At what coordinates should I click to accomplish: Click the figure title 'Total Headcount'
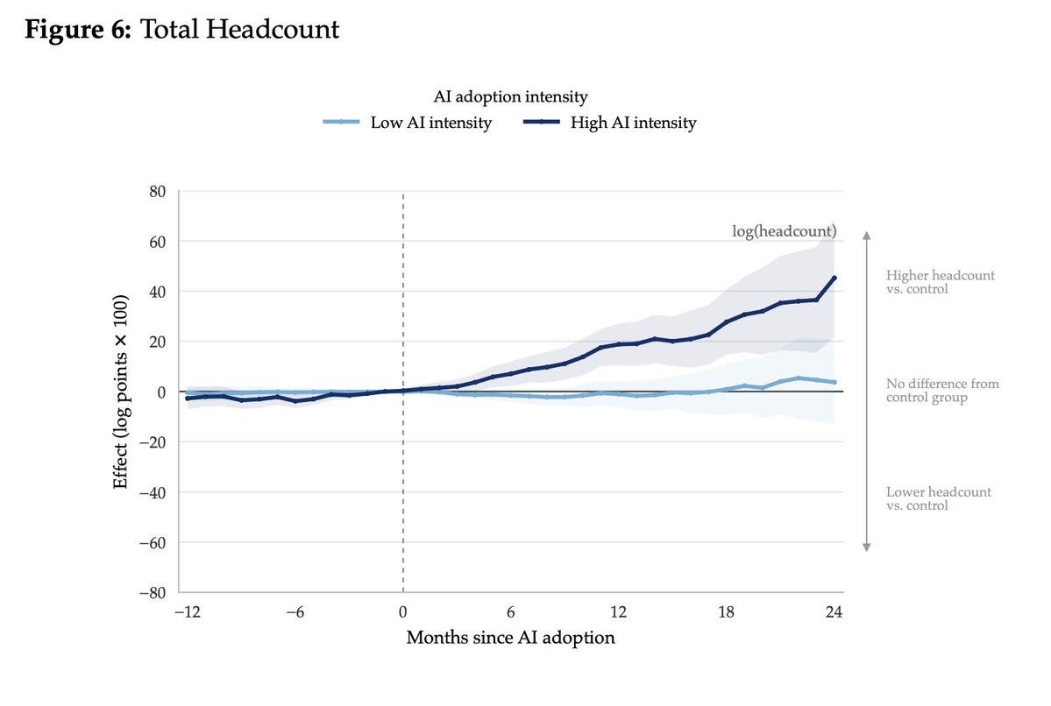coord(239,30)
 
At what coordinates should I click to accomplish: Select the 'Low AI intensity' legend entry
coord(408,123)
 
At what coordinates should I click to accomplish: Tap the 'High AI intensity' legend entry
coord(609,123)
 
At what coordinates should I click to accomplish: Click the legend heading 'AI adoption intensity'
coord(510,96)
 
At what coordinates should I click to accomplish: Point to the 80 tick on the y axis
coord(157,192)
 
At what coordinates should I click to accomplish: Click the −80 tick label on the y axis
coord(153,593)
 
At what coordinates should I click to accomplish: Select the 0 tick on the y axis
coord(160,392)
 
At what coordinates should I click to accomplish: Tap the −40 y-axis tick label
coord(153,492)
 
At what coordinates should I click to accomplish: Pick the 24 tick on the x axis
coord(834,611)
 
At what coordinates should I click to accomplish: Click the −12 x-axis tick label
coord(188,611)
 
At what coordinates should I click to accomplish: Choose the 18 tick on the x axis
coord(726,611)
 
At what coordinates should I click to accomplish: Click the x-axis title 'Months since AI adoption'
coord(510,637)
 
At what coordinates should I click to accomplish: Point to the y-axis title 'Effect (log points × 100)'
coord(120,392)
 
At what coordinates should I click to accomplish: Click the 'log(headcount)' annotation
coord(785,231)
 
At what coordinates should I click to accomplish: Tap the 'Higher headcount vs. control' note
coord(940,282)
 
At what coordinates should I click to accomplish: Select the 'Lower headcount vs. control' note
coord(938,498)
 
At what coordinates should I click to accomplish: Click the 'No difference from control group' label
coord(941,391)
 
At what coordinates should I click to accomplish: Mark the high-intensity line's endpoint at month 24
coord(834,278)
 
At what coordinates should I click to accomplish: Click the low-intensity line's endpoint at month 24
coord(834,383)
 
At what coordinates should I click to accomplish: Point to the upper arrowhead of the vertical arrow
coord(867,235)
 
